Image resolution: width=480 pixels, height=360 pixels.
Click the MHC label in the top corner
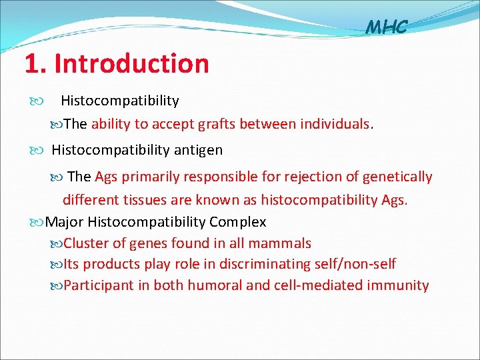coord(386,28)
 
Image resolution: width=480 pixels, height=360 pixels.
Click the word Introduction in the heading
coord(131,64)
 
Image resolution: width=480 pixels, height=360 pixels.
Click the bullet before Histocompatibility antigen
coord(39,151)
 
